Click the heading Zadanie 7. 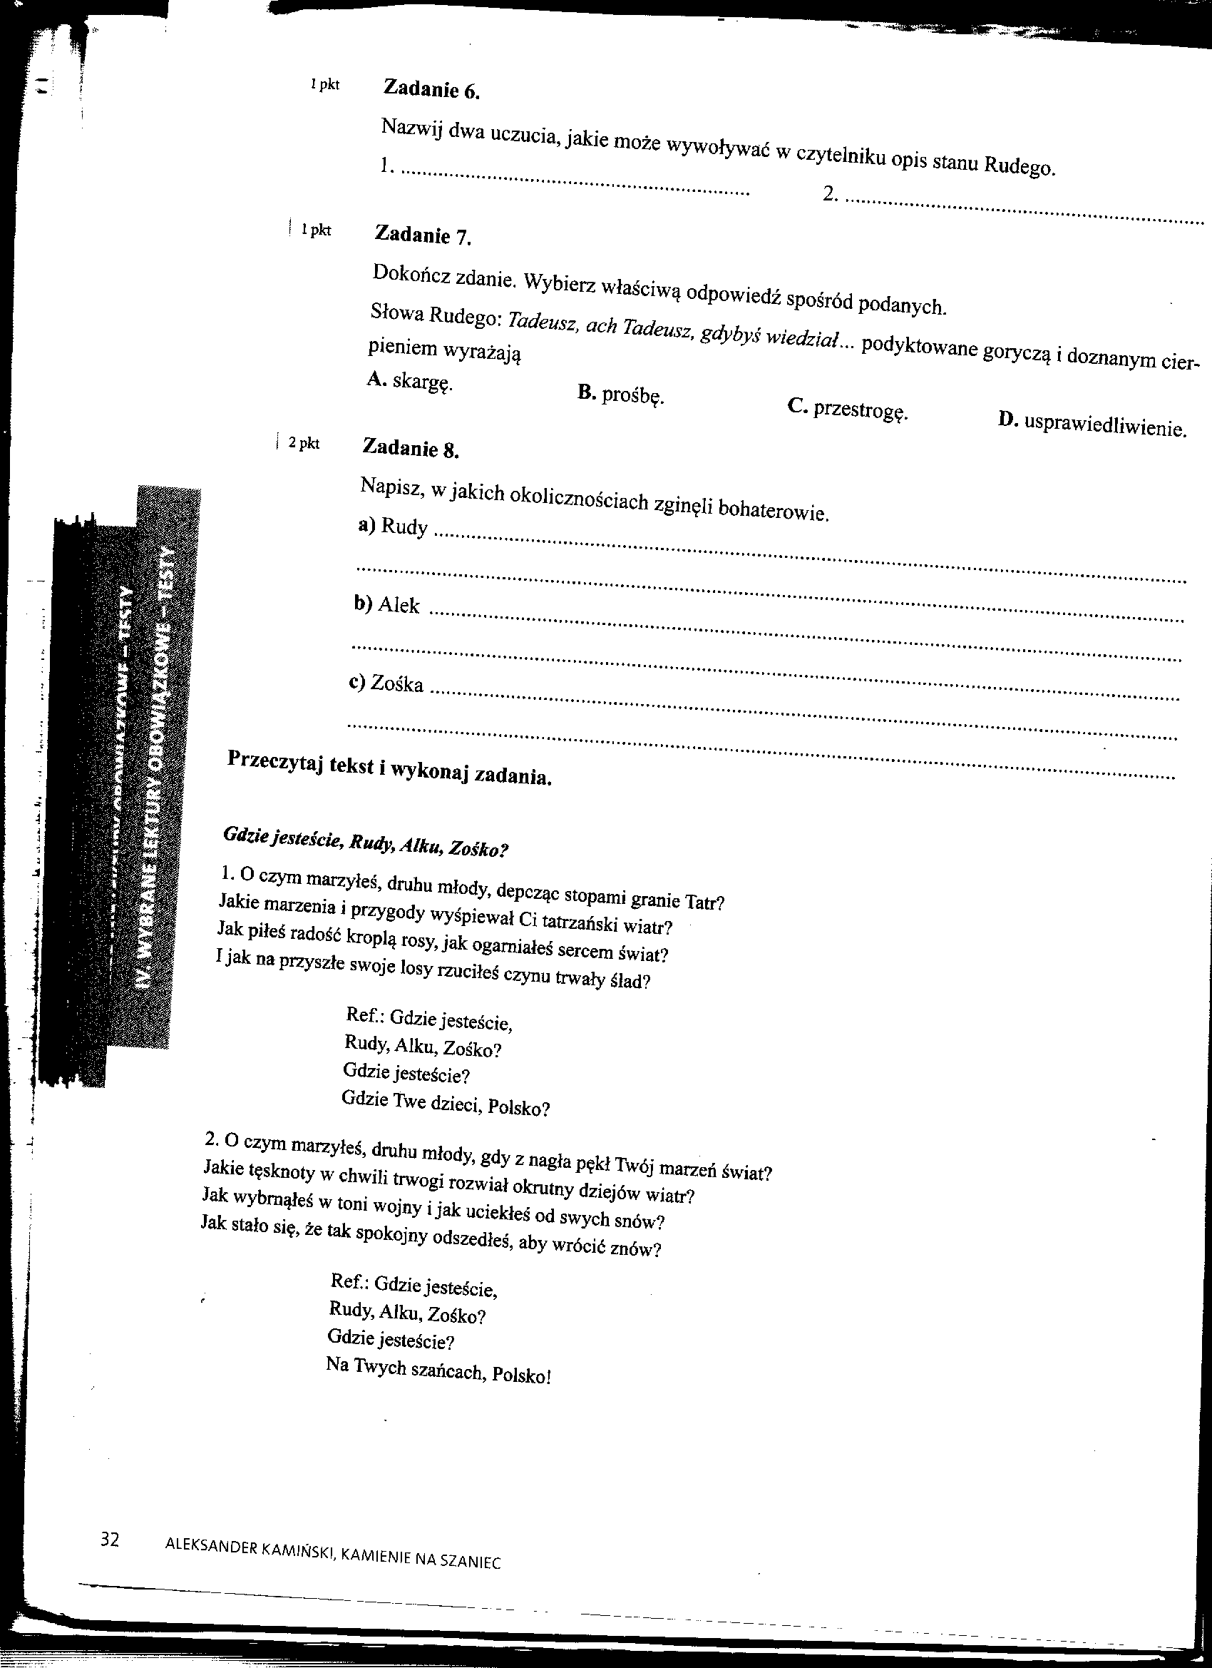422,235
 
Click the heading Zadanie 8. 411,448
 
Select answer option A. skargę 409,382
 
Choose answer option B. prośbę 620,395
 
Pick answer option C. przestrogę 848,409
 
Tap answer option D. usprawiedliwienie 1092,424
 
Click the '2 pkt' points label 304,444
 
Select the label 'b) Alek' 386,605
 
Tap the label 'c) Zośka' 386,684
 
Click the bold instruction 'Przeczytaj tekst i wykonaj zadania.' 389,767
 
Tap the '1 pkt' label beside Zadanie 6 324,86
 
